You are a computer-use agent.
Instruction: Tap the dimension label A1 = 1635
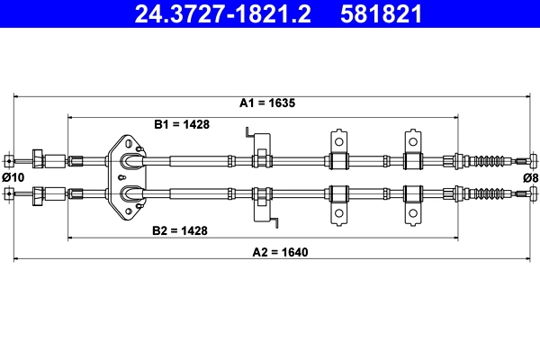coord(267,103)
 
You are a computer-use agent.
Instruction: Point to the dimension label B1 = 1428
coord(182,124)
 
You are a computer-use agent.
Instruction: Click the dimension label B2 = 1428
coord(180,230)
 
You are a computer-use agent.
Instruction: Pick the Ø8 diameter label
coord(530,177)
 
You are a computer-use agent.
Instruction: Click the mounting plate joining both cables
coord(130,176)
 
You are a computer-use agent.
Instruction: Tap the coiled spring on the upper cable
coord(491,162)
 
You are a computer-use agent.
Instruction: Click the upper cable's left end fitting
coord(8,162)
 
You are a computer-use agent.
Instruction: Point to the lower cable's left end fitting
coord(8,193)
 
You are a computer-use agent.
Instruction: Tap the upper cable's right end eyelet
coord(534,162)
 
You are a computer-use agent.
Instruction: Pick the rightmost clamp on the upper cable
coord(413,154)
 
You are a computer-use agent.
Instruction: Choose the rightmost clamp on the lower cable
coord(413,200)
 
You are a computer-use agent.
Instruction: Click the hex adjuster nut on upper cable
coord(40,161)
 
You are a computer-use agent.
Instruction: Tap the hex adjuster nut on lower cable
coord(40,193)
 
